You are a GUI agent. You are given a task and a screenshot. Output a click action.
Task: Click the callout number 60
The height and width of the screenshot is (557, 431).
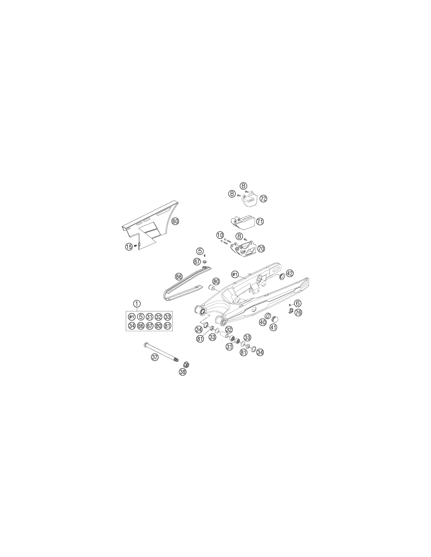pyautogui.click(x=175, y=221)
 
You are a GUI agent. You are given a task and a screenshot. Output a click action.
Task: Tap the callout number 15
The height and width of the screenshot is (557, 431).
pyautogui.click(x=129, y=247)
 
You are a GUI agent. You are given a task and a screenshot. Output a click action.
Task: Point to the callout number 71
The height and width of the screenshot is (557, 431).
pyautogui.click(x=260, y=221)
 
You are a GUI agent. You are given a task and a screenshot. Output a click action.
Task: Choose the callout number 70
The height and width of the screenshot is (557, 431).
pyautogui.click(x=261, y=248)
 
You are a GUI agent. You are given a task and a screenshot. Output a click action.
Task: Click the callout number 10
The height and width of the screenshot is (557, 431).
pyautogui.click(x=220, y=235)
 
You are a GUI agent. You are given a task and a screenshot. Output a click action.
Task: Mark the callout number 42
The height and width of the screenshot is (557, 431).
pyautogui.click(x=290, y=273)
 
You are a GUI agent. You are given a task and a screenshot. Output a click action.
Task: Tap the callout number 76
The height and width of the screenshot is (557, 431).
pyautogui.click(x=298, y=313)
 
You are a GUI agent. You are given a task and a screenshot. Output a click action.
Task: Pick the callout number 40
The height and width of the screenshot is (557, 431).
pyautogui.click(x=263, y=322)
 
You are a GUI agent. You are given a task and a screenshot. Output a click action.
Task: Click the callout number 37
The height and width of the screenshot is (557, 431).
pyautogui.click(x=155, y=357)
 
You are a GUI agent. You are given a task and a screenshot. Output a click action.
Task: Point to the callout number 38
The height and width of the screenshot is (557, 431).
pyautogui.click(x=183, y=372)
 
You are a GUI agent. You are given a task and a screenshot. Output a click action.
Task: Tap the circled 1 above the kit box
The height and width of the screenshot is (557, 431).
pyautogui.click(x=137, y=304)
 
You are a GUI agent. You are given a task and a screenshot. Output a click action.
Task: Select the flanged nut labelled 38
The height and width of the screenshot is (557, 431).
pyautogui.click(x=185, y=364)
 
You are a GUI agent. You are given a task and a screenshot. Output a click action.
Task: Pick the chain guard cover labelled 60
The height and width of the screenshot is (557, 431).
pyautogui.click(x=149, y=226)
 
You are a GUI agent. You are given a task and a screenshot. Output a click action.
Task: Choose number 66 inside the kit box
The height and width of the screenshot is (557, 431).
pyautogui.click(x=141, y=326)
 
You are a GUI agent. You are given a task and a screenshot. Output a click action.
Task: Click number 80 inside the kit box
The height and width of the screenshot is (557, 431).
pyautogui.click(x=158, y=326)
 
